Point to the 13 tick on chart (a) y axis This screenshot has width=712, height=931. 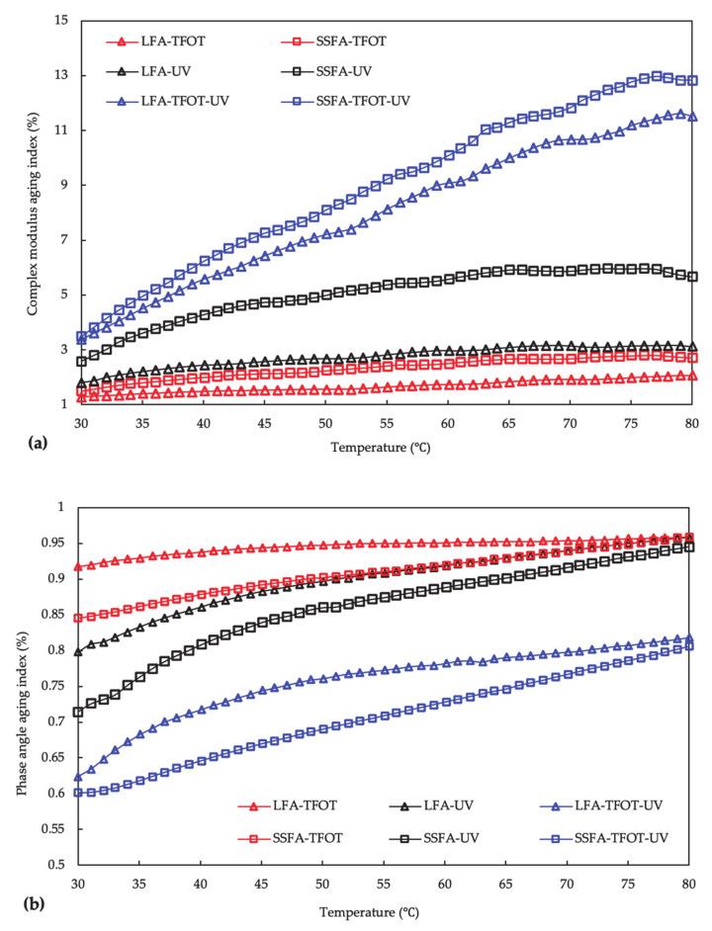pos(60,75)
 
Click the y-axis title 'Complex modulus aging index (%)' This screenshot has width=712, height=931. pos(33,212)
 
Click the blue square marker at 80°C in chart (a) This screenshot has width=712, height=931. pos(691,80)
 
